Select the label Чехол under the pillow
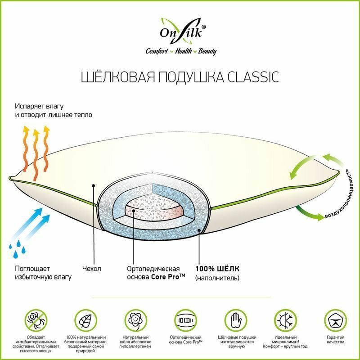92,269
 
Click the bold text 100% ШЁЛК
217,269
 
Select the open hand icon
237,320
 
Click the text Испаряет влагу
39,106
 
